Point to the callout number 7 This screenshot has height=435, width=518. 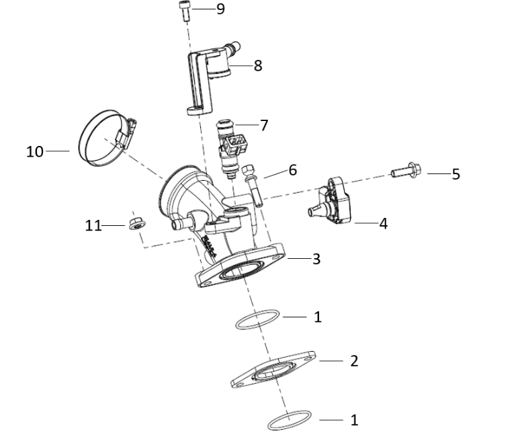tap(263, 125)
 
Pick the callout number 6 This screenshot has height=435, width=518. tap(292, 170)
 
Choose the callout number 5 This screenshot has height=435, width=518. tap(456, 174)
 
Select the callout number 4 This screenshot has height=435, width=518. tap(383, 223)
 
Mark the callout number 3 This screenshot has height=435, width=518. tap(316, 258)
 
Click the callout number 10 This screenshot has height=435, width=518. tap(35, 151)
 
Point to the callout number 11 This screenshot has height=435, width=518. tap(93, 225)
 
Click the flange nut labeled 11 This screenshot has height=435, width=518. tap(136, 225)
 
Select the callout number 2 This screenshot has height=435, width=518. tap(354, 361)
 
